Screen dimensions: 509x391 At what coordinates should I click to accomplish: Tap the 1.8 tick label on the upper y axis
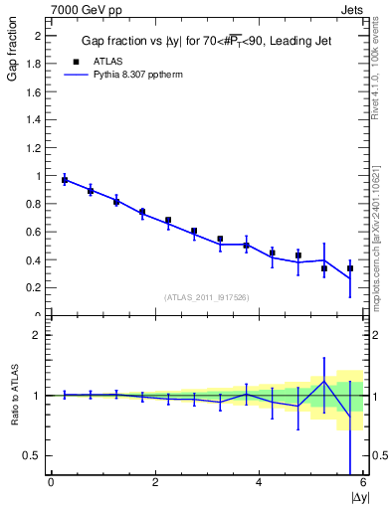point(34,64)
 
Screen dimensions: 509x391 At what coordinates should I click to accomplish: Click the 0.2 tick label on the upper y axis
point(34,288)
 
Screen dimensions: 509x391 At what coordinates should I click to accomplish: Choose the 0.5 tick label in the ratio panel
point(34,456)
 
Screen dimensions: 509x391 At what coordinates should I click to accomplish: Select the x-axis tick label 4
point(260,483)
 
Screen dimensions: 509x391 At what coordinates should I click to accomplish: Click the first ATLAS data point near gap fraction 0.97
point(65,180)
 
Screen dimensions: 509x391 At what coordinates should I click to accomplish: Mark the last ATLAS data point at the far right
point(350,268)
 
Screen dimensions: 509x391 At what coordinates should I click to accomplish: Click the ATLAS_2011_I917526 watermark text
point(207,297)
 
